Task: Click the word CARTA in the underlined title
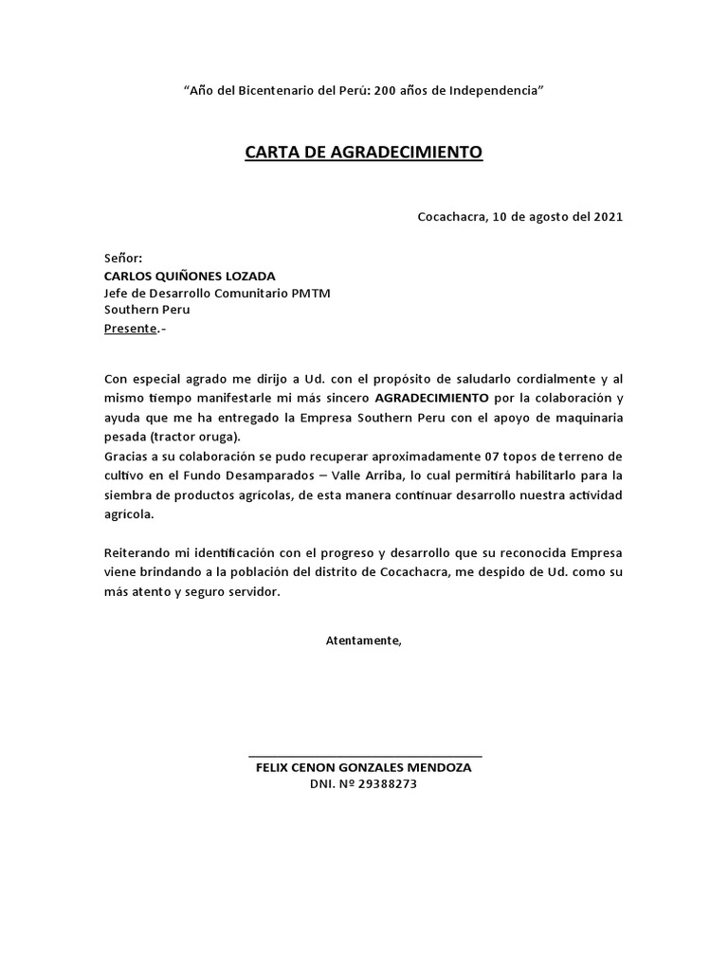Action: pyautogui.click(x=272, y=152)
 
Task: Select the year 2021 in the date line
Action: pyautogui.click(x=608, y=216)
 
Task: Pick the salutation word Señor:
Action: pyautogui.click(x=123, y=258)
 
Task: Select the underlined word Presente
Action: pyautogui.click(x=130, y=329)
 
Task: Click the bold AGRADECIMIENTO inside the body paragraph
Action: pyautogui.click(x=432, y=399)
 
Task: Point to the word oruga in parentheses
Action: pyautogui.click(x=218, y=436)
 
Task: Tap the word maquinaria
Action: pyautogui.click(x=584, y=418)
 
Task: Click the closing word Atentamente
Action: pyautogui.click(x=363, y=640)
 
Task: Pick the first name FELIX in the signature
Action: pyautogui.click(x=273, y=768)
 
